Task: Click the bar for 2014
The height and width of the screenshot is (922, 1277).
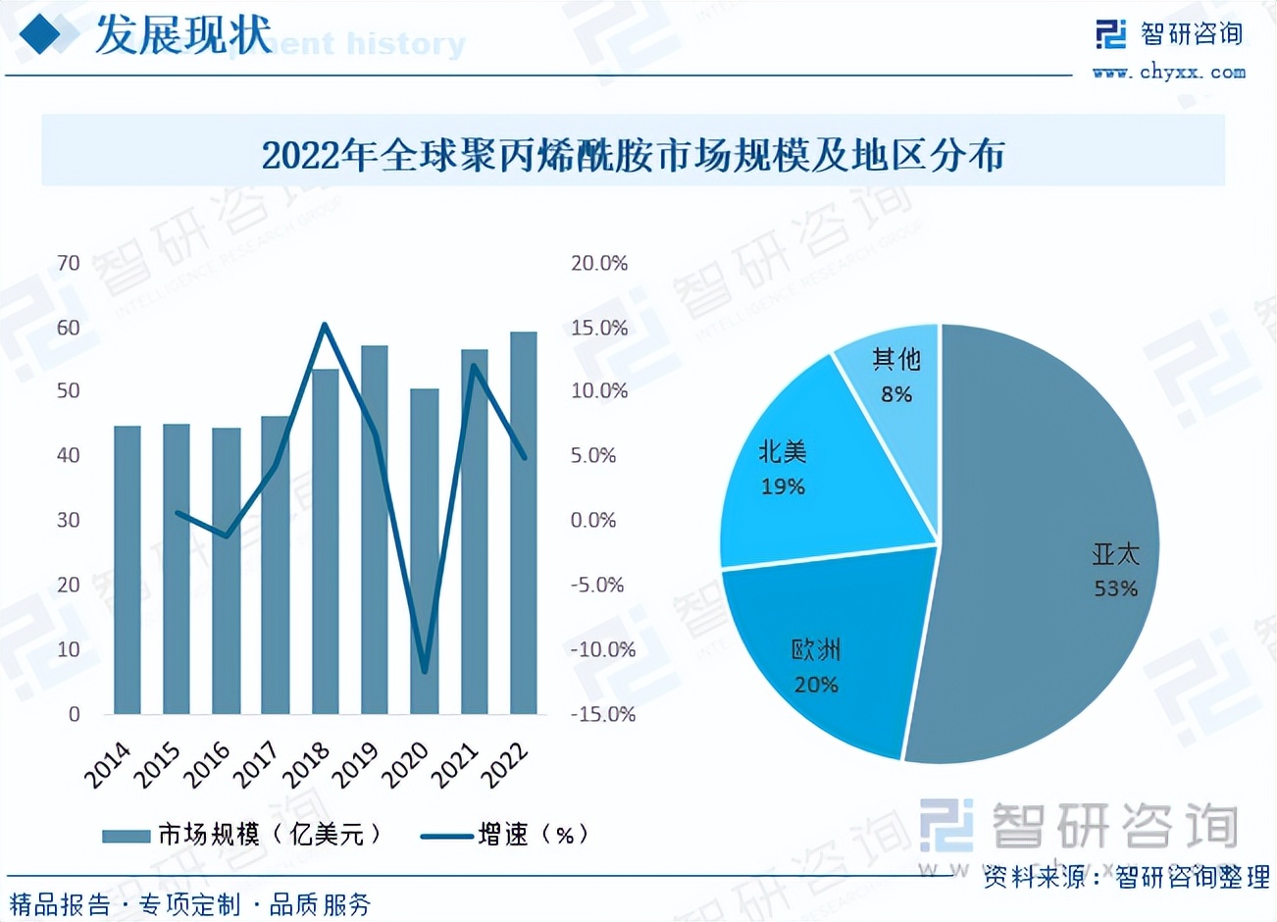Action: (x=128, y=569)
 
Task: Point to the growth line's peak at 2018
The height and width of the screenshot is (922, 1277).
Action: (x=325, y=326)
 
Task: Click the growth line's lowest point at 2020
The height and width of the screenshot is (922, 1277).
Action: (x=425, y=672)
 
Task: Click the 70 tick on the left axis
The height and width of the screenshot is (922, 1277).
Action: (x=69, y=263)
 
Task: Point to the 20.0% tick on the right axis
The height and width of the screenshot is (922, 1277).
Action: (x=599, y=263)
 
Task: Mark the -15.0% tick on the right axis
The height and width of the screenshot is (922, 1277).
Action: (x=602, y=714)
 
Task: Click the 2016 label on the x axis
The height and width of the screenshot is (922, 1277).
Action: (x=209, y=765)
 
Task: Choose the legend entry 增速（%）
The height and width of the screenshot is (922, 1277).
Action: (x=505, y=835)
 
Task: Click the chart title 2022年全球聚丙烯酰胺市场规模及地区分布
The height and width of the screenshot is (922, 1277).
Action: (x=634, y=155)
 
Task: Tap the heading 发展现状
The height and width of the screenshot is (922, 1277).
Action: (x=183, y=36)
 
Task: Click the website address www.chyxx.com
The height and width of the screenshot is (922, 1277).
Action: (x=1169, y=73)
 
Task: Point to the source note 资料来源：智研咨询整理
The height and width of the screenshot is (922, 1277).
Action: (x=1127, y=876)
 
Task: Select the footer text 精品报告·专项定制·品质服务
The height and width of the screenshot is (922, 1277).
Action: (x=190, y=903)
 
